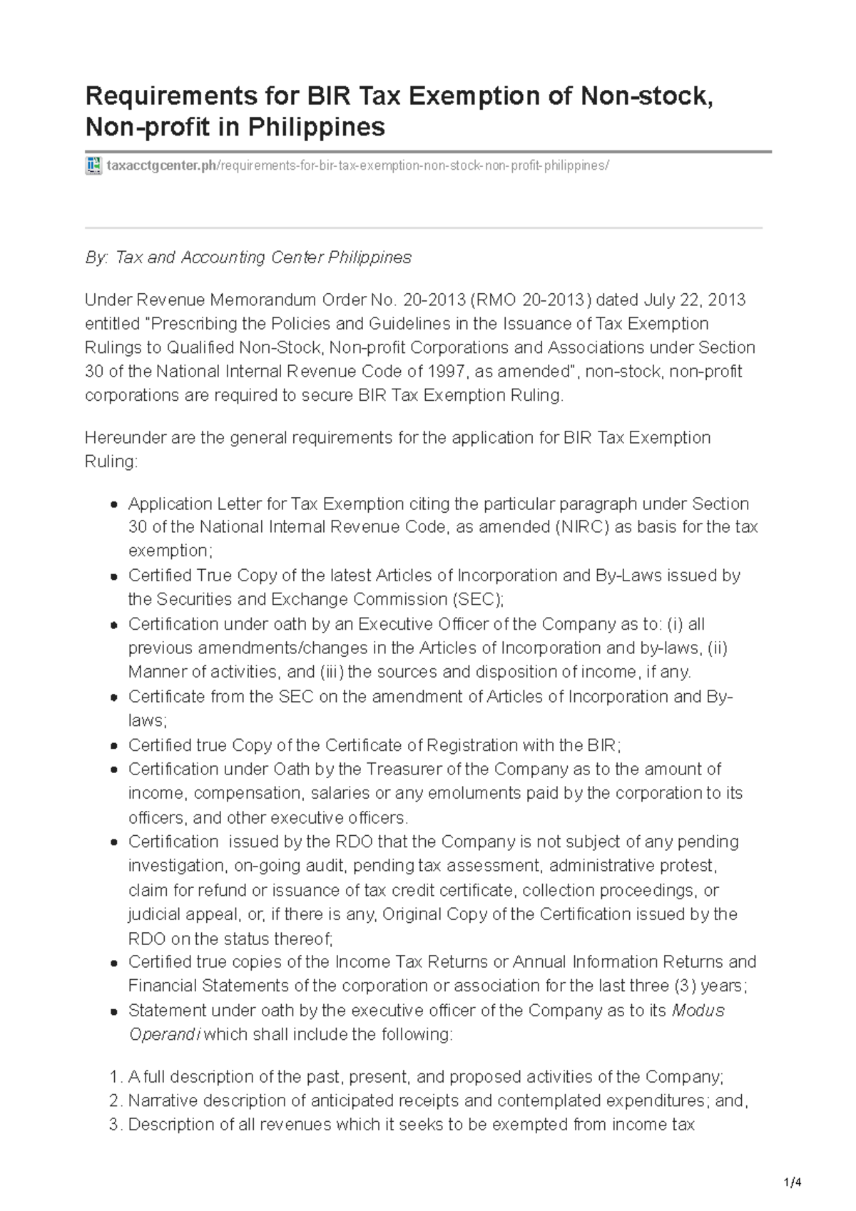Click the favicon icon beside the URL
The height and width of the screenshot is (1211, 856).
coord(93,165)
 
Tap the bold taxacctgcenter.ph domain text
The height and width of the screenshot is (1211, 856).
coord(161,166)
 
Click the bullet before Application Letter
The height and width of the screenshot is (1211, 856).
coord(114,505)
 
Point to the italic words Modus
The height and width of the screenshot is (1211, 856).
coord(698,1011)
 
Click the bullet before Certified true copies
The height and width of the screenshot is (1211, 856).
coord(114,963)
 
